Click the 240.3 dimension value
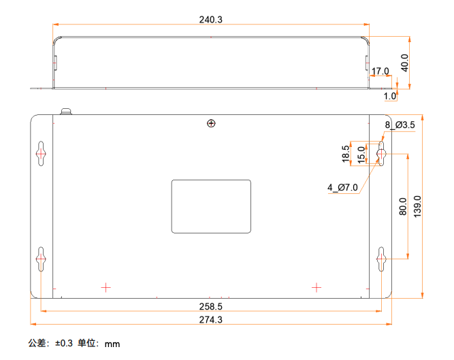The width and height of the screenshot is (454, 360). tap(210, 19)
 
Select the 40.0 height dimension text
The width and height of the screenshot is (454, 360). tap(404, 63)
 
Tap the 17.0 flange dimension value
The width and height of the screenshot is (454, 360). tap(380, 71)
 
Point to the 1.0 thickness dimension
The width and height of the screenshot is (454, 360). tap(390, 96)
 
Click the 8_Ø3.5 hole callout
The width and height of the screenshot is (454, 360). tap(400, 125)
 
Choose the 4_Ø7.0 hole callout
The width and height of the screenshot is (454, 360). tap(343, 188)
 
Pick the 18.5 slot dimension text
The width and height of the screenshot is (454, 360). tap(346, 154)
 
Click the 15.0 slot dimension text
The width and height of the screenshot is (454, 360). tap(361, 154)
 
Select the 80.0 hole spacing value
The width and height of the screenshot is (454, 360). tap(403, 206)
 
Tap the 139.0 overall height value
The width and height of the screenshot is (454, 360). tap(417, 206)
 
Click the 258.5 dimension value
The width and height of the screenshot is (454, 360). tap(210, 306)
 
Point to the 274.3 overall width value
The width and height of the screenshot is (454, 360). tap(210, 319)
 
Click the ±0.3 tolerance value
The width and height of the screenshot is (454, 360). tap(64, 343)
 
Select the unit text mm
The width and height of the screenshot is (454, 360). tap(112, 344)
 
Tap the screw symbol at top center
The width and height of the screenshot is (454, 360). tap(211, 124)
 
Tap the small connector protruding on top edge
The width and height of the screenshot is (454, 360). tap(66, 112)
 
